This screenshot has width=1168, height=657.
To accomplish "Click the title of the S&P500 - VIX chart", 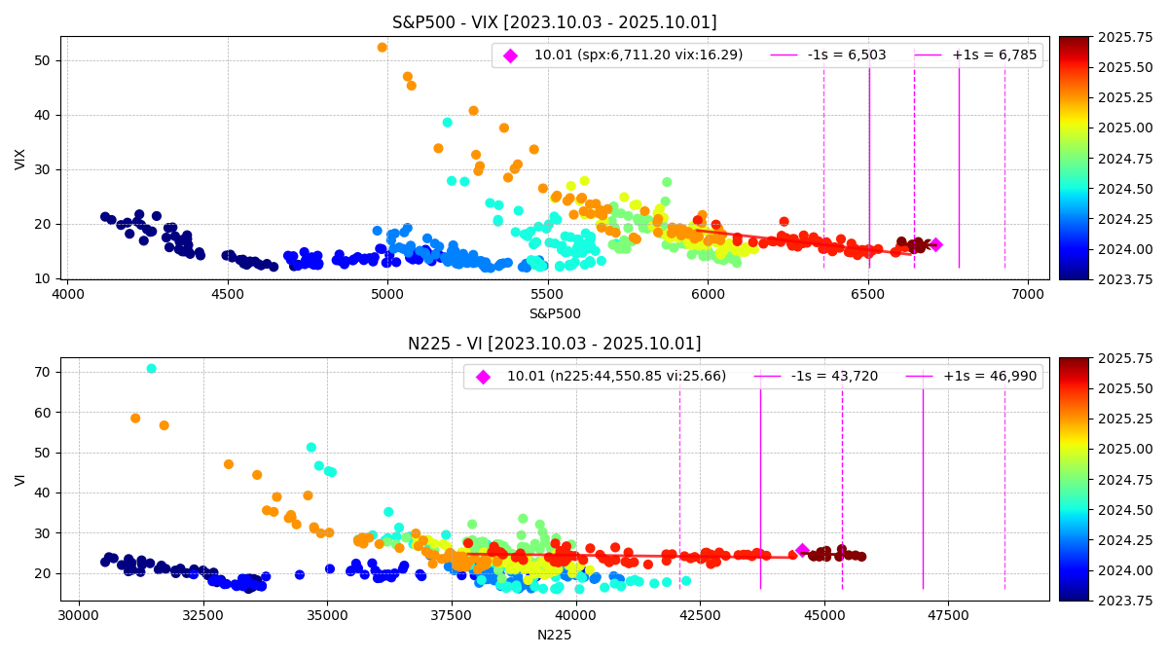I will pyautogui.click(x=554, y=22).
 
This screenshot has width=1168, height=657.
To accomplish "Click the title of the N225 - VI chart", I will pyautogui.click(x=554, y=344).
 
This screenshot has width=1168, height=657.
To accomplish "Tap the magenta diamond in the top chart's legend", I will pyautogui.click(x=510, y=55).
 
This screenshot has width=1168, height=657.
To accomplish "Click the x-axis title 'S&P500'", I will pyautogui.click(x=554, y=313).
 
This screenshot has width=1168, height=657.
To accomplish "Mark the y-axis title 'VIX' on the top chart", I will pyautogui.click(x=20, y=158).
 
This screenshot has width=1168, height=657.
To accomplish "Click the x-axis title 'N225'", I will pyautogui.click(x=554, y=635).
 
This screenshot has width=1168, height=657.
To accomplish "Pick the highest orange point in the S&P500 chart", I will pyautogui.click(x=382, y=47).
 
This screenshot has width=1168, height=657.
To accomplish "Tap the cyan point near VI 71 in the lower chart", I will pyautogui.click(x=151, y=368).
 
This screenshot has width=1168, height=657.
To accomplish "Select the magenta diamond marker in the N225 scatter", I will pyautogui.click(x=802, y=550).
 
